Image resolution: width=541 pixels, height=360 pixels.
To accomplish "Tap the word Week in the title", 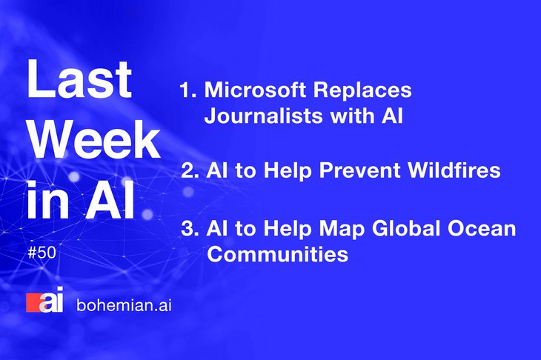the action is click(94, 139).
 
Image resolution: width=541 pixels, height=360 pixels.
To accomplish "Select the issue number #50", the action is click(42, 253).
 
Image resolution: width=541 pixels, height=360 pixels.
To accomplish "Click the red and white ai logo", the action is click(45, 300).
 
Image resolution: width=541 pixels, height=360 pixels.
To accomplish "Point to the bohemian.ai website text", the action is click(124, 305).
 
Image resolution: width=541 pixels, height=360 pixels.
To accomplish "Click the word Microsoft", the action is click(255, 90).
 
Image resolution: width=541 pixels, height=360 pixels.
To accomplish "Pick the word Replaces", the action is click(362, 90).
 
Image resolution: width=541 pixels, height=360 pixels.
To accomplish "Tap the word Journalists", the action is click(264, 116).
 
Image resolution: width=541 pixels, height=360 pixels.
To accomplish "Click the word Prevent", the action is click(359, 170).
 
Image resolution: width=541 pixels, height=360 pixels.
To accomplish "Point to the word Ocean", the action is click(482, 229).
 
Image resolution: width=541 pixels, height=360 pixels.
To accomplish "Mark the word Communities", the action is click(278, 255).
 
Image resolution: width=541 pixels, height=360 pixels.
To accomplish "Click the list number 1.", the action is click(188, 90).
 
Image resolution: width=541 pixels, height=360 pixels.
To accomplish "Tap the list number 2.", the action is click(190, 170).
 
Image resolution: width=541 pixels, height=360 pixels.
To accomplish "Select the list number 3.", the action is click(190, 229).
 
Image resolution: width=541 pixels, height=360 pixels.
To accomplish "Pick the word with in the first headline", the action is click(352, 116).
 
